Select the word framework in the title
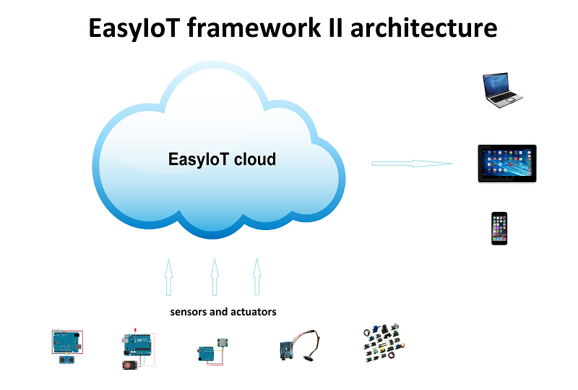pyautogui.click(x=254, y=27)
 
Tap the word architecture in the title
pyautogui.click(x=423, y=27)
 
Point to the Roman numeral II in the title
pyautogui.click(x=335, y=27)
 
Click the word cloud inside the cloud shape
pyautogui.click(x=255, y=159)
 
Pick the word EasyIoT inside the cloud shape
pyautogui.click(x=198, y=159)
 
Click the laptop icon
pyautogui.click(x=502, y=90)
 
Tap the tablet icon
pyautogui.click(x=507, y=164)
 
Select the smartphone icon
pyautogui.click(x=499, y=228)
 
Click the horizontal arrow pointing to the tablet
pyautogui.click(x=412, y=164)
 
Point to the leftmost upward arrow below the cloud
pyautogui.click(x=168, y=277)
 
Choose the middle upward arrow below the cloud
pyautogui.click(x=215, y=277)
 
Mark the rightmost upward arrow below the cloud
pyautogui.click(x=257, y=276)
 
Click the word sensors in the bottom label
pyautogui.click(x=189, y=312)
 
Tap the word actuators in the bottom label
pyautogui.click(x=254, y=312)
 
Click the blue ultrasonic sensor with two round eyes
pyautogui.click(x=66, y=359)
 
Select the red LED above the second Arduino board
pyautogui.click(x=135, y=329)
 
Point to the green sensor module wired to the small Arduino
pyautogui.click(x=223, y=343)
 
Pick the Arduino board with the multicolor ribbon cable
pyautogui.click(x=300, y=346)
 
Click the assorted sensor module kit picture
pyautogui.click(x=384, y=342)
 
